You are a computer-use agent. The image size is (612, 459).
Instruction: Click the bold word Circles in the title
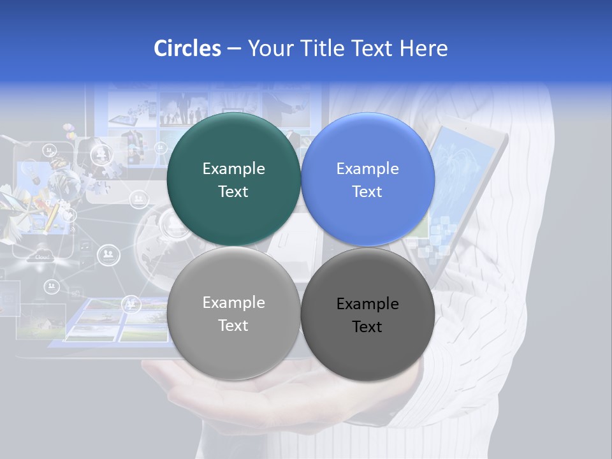coord(187,48)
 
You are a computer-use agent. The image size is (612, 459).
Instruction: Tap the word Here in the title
coord(423,48)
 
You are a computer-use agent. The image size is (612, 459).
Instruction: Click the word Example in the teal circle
coord(233,169)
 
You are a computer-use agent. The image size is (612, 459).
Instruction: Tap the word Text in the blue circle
coord(367,192)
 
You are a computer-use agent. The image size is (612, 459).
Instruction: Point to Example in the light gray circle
coord(233,303)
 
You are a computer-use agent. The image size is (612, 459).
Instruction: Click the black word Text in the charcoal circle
coord(367,327)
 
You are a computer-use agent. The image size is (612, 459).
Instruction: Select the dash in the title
coord(234,48)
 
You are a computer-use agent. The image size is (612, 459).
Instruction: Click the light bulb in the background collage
coord(28,171)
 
